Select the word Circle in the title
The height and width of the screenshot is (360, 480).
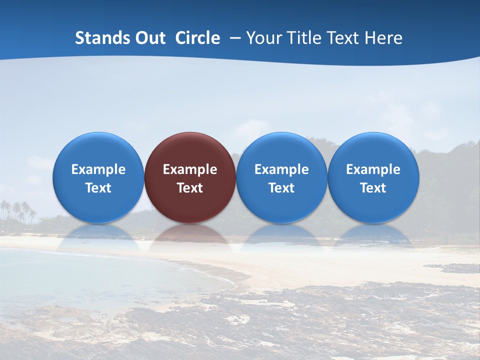coord(197,38)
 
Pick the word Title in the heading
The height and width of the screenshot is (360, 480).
coord(306,38)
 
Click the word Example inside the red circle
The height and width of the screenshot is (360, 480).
coord(190,169)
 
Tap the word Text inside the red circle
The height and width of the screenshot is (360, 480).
coord(190,188)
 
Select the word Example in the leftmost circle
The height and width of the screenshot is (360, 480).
coord(98,169)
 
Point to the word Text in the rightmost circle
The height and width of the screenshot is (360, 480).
coord(373,188)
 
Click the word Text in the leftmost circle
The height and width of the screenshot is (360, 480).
coord(98,188)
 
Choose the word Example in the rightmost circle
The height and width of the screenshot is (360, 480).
coord(373,169)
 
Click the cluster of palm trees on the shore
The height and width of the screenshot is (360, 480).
coord(19,211)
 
